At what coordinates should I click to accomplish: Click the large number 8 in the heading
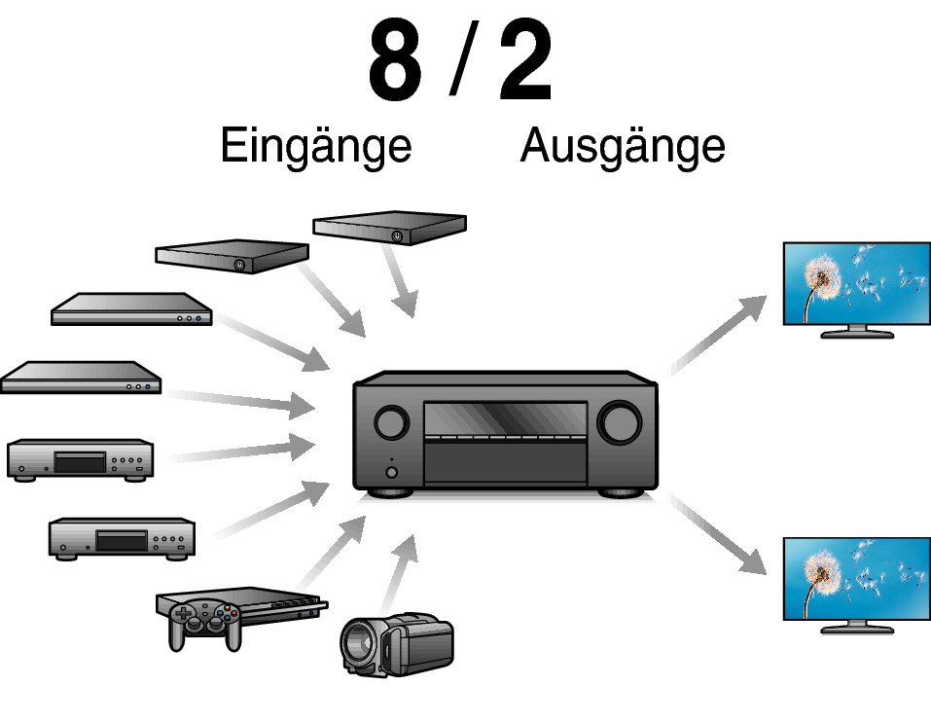[x=395, y=62]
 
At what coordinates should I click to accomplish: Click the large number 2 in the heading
[x=525, y=62]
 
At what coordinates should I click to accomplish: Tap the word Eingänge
[x=316, y=146]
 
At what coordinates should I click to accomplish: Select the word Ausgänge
[x=623, y=146]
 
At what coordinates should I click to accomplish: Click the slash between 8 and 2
[x=459, y=62]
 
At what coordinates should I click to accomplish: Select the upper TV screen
[x=856, y=282]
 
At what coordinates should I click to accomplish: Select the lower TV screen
[x=856, y=578]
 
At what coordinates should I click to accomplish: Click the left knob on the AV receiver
[x=390, y=423]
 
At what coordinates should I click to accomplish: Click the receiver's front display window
[x=505, y=419]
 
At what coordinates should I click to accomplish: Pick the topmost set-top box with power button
[x=389, y=228]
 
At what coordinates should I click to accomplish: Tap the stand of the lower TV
[x=856, y=628]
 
